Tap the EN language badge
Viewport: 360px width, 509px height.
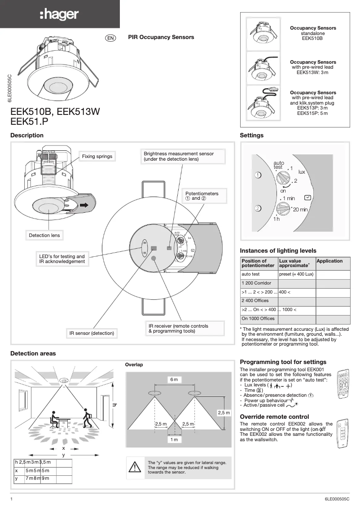point(110,38)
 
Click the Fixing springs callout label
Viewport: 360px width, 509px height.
point(97,156)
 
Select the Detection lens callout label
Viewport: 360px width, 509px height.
point(44,235)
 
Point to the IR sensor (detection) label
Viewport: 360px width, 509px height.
point(92,333)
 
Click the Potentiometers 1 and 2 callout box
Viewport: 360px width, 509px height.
point(202,196)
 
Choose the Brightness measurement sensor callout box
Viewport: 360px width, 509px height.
point(182,156)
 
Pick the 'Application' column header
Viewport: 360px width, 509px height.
point(329,261)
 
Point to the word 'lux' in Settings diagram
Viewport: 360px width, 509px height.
point(301,172)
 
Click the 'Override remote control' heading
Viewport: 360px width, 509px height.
point(274,417)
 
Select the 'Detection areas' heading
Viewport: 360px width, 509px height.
point(33,353)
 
